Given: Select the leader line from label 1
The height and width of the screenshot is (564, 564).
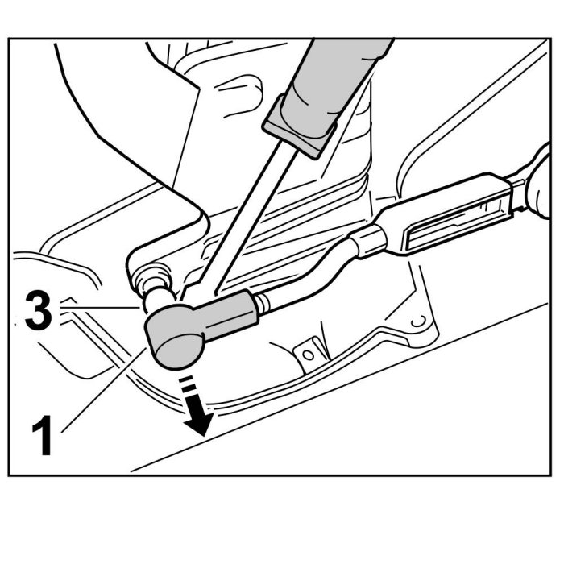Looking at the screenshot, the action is coord(105,387).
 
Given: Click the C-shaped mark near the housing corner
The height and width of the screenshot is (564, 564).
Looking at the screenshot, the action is coord(417,322).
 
